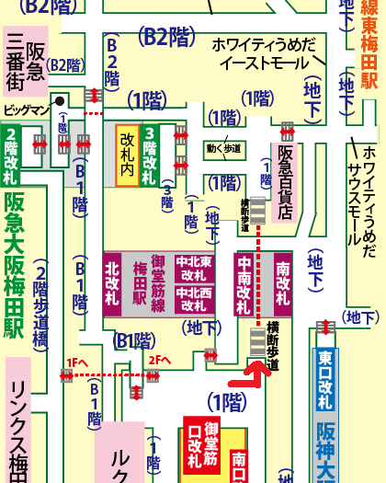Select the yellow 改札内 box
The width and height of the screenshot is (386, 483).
pyautogui.click(x=127, y=155)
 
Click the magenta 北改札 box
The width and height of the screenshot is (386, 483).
pyautogui.click(x=113, y=284)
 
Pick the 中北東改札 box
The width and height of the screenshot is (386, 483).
pyautogui.click(x=195, y=269)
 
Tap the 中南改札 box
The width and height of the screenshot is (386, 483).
pyautogui.click(x=244, y=284)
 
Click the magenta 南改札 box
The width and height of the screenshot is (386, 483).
pyautogui.click(x=282, y=284)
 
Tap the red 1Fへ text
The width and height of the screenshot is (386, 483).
pyautogui.click(x=75, y=361)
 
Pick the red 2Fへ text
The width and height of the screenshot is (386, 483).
pyautogui.click(x=160, y=360)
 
